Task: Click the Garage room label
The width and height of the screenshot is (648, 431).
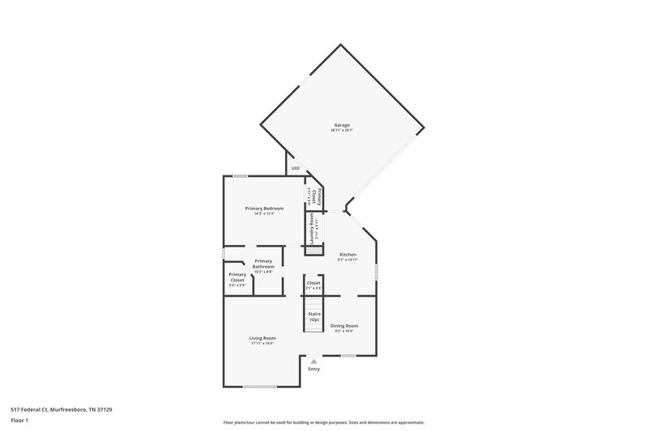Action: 342,125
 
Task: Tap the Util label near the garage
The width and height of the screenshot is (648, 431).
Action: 296,168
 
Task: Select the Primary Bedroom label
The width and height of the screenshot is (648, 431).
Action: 264,209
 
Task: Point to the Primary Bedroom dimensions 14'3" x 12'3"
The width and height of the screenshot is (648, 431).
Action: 264,214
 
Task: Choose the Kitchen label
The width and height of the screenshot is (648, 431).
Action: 347,255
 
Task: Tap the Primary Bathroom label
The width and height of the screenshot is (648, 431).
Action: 263,264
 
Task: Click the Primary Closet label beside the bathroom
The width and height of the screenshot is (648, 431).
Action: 237,277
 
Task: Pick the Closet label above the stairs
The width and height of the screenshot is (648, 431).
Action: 313,283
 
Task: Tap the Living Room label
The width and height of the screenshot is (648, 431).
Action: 262,338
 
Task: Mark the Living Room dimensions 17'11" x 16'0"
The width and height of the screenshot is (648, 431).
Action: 262,344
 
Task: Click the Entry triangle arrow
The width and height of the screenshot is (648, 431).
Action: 313,361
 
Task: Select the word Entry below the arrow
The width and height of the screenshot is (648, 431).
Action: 313,369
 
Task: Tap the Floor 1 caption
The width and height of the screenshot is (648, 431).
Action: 19,421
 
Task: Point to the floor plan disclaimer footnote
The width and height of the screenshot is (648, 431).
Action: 324,422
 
